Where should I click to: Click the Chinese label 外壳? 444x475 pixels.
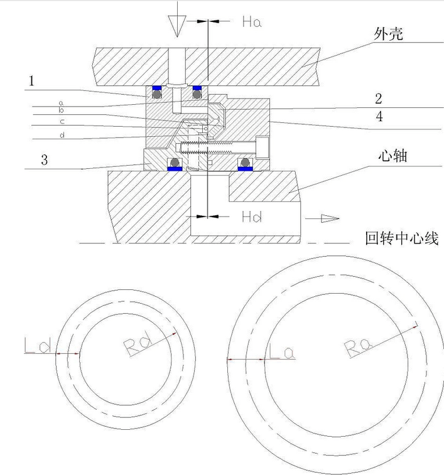pyautogui.click(x=389, y=34)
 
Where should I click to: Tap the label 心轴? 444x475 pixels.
pyautogui.click(x=393, y=156)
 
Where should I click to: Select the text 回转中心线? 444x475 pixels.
pyautogui.click(x=401, y=238)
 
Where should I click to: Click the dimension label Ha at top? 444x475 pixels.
pyautogui.click(x=252, y=21)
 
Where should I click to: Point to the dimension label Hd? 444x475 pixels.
pyautogui.click(x=252, y=217)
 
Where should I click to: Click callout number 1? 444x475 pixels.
pyautogui.click(x=31, y=81)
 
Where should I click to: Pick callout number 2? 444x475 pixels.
pyautogui.click(x=379, y=99)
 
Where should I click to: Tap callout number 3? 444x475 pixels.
pyautogui.click(x=45, y=159)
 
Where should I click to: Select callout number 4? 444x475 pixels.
pyautogui.click(x=379, y=116)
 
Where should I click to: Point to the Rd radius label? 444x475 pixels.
pyautogui.click(x=138, y=343)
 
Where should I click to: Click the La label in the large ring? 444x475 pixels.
pyautogui.click(x=282, y=352)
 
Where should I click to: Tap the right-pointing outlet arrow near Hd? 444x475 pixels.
pyautogui.click(x=330, y=218)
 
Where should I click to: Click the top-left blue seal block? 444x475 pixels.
pyautogui.click(x=156, y=88)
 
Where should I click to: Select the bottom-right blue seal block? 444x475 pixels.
pyautogui.click(x=245, y=168)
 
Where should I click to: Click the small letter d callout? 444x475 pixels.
pyautogui.click(x=62, y=135)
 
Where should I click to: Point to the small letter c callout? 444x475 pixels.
pyautogui.click(x=62, y=122)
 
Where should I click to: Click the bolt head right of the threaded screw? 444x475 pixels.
pyautogui.click(x=263, y=147)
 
